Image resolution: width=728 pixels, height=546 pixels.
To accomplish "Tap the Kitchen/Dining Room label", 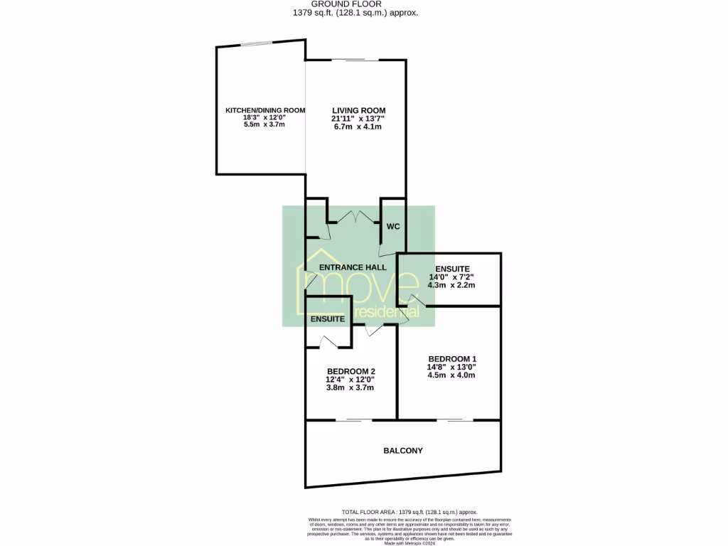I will pos(264,110).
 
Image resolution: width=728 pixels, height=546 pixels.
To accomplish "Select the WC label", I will pos(393,227).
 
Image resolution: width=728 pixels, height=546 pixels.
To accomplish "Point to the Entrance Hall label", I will pos(353,267).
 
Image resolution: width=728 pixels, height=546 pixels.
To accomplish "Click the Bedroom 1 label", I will pos(451,358).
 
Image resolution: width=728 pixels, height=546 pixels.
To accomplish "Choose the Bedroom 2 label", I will pos(350,371).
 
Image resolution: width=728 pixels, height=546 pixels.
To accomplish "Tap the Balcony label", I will pos(403,451).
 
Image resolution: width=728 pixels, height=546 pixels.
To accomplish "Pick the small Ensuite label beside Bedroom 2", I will pos(328,320).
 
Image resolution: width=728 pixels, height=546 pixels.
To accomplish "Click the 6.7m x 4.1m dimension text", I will pos(358,127).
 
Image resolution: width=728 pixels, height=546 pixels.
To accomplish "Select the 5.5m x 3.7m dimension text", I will pos(264,124).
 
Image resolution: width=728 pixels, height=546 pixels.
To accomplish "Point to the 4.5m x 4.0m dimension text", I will pos(451,375).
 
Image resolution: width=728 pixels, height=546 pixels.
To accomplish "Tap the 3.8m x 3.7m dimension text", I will pos(350,387).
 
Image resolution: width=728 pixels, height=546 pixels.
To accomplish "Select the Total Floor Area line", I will pos(409,512).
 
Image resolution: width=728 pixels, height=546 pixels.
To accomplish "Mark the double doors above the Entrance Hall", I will pos(353,218).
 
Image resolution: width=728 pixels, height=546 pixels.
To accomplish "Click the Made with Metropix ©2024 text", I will pos(410,542).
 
